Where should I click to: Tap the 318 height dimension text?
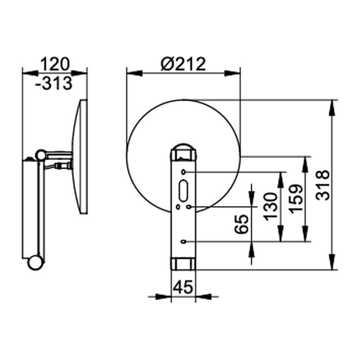323,185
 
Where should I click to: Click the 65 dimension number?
242,224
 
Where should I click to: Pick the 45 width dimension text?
183,287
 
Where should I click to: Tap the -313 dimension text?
54,83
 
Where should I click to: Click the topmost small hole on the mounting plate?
183,172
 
